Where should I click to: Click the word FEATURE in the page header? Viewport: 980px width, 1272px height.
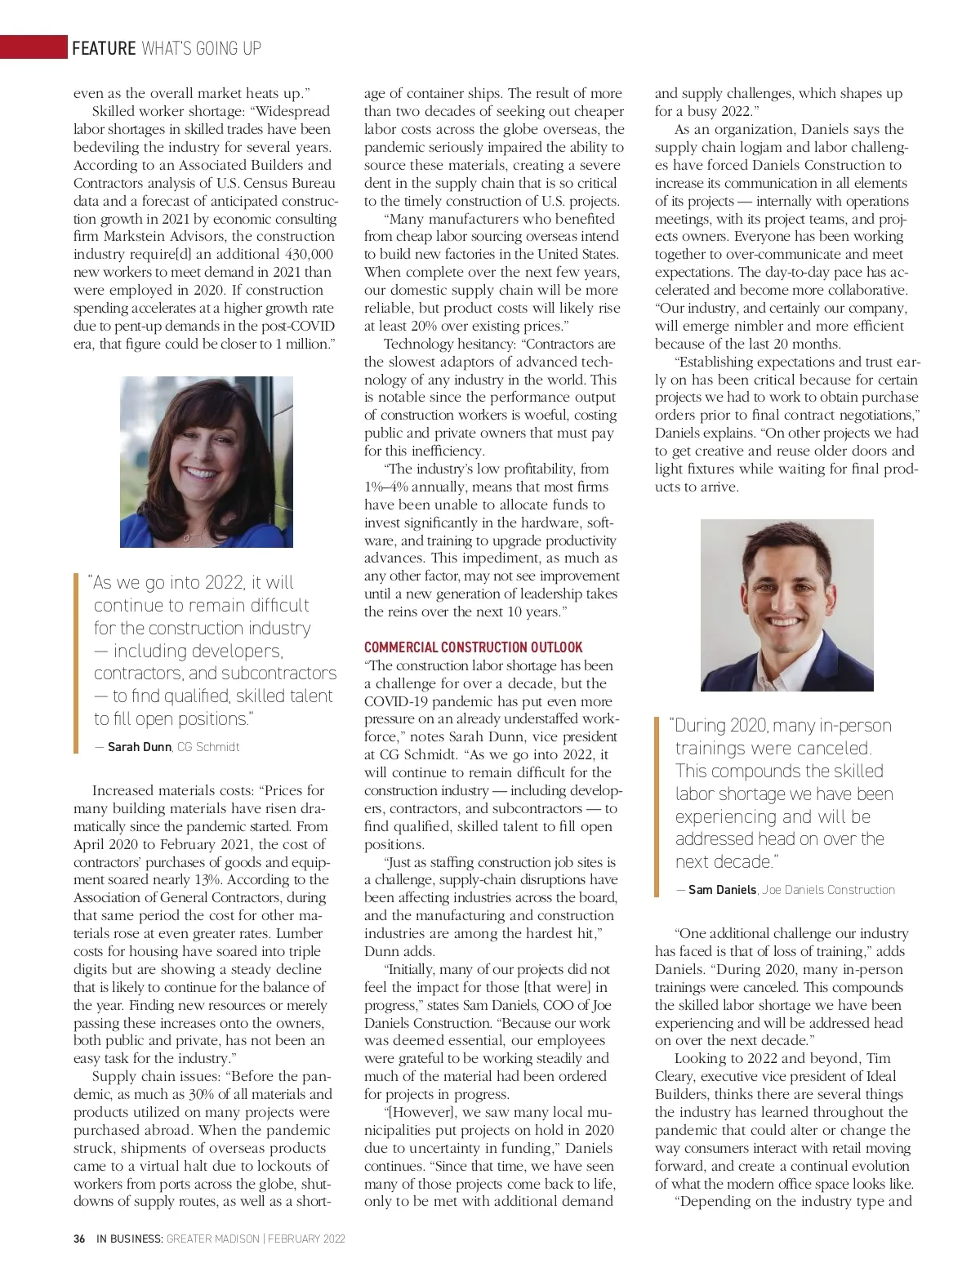(104, 48)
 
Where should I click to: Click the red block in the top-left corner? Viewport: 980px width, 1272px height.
(33, 47)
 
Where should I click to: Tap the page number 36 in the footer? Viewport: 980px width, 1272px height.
(79, 1239)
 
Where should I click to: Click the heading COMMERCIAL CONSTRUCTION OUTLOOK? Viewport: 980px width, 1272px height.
(473, 647)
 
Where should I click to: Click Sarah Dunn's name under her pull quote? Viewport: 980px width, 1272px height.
(139, 747)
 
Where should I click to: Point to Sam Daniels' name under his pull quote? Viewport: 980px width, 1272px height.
(722, 890)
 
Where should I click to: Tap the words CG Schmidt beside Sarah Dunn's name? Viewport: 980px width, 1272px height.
(208, 747)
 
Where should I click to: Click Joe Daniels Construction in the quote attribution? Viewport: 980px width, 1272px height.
(828, 890)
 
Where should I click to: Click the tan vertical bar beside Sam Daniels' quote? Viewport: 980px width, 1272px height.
(657, 807)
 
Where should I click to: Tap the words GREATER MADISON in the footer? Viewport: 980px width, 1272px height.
(212, 1239)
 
